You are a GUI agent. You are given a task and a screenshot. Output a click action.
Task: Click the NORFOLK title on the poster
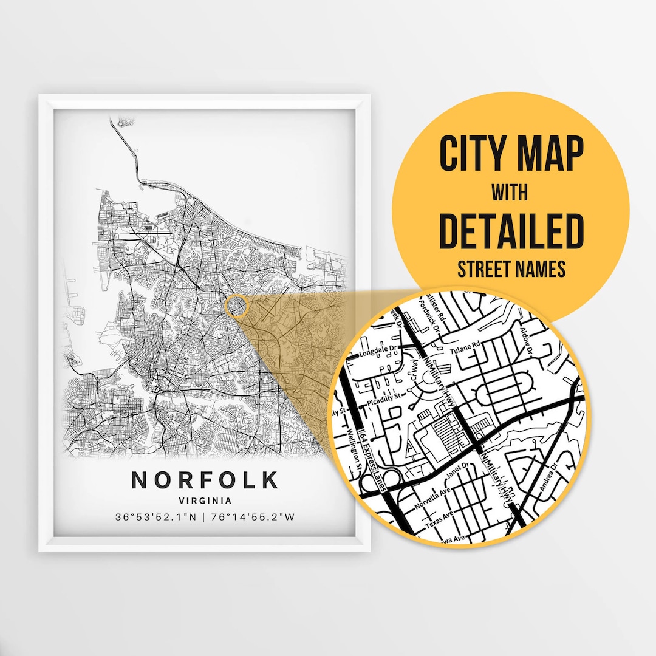point(205,480)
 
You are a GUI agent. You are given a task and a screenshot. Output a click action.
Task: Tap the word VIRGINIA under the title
point(205,501)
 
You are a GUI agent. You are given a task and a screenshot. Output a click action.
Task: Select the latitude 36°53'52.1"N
point(157,518)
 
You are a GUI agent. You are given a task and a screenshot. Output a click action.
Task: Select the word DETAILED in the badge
point(510,231)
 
